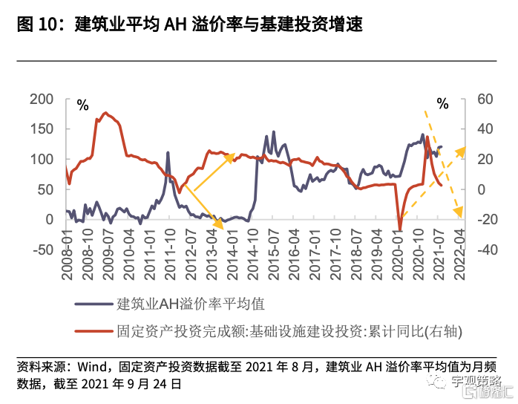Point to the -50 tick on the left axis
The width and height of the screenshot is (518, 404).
(x=43, y=250)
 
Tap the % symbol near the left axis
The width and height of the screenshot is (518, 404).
(x=82, y=105)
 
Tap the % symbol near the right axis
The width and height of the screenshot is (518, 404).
(x=443, y=104)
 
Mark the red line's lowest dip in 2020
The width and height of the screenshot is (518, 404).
(x=400, y=230)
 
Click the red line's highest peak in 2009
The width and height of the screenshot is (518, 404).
(x=106, y=113)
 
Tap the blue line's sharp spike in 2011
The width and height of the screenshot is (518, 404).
(x=168, y=153)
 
